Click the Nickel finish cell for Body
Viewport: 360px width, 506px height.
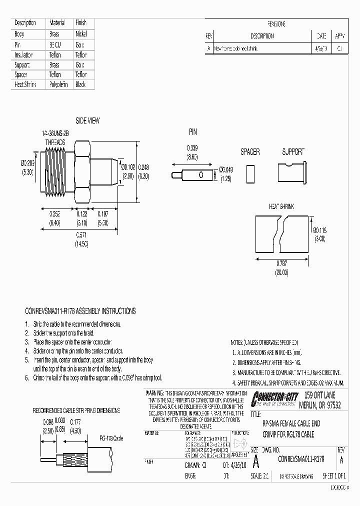click(81, 34)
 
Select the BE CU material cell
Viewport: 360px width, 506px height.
click(54, 44)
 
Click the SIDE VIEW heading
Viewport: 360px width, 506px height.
click(87, 120)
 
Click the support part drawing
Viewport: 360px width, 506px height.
click(292, 170)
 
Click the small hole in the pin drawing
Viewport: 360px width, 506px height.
click(201, 174)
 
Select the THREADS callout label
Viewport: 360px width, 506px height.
click(55, 142)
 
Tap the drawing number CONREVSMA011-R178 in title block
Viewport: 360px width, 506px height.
click(301, 458)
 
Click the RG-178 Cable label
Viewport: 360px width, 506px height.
click(111, 438)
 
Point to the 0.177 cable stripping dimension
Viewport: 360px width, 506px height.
click(75, 421)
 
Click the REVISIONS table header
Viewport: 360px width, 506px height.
click(276, 24)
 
